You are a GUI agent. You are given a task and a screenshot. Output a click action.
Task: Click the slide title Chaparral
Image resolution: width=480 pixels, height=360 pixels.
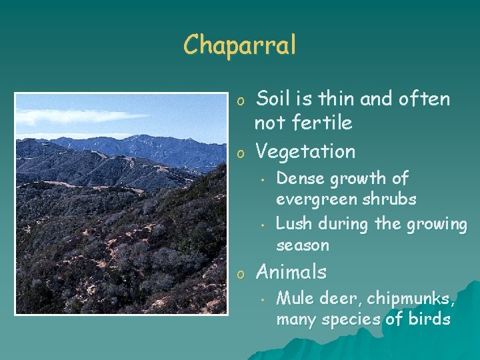239,45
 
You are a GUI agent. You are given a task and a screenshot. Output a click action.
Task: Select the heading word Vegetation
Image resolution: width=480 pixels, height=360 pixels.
305,151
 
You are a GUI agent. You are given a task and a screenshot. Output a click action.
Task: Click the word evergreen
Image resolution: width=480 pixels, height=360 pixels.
312,200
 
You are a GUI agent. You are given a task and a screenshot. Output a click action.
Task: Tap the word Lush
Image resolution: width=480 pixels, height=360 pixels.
292,224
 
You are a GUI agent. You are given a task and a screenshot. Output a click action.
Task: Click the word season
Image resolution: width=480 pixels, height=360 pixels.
302,245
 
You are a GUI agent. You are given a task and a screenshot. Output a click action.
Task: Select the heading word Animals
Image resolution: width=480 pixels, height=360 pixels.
291,272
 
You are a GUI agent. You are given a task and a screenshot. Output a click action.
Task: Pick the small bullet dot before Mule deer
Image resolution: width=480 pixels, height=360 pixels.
264,299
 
